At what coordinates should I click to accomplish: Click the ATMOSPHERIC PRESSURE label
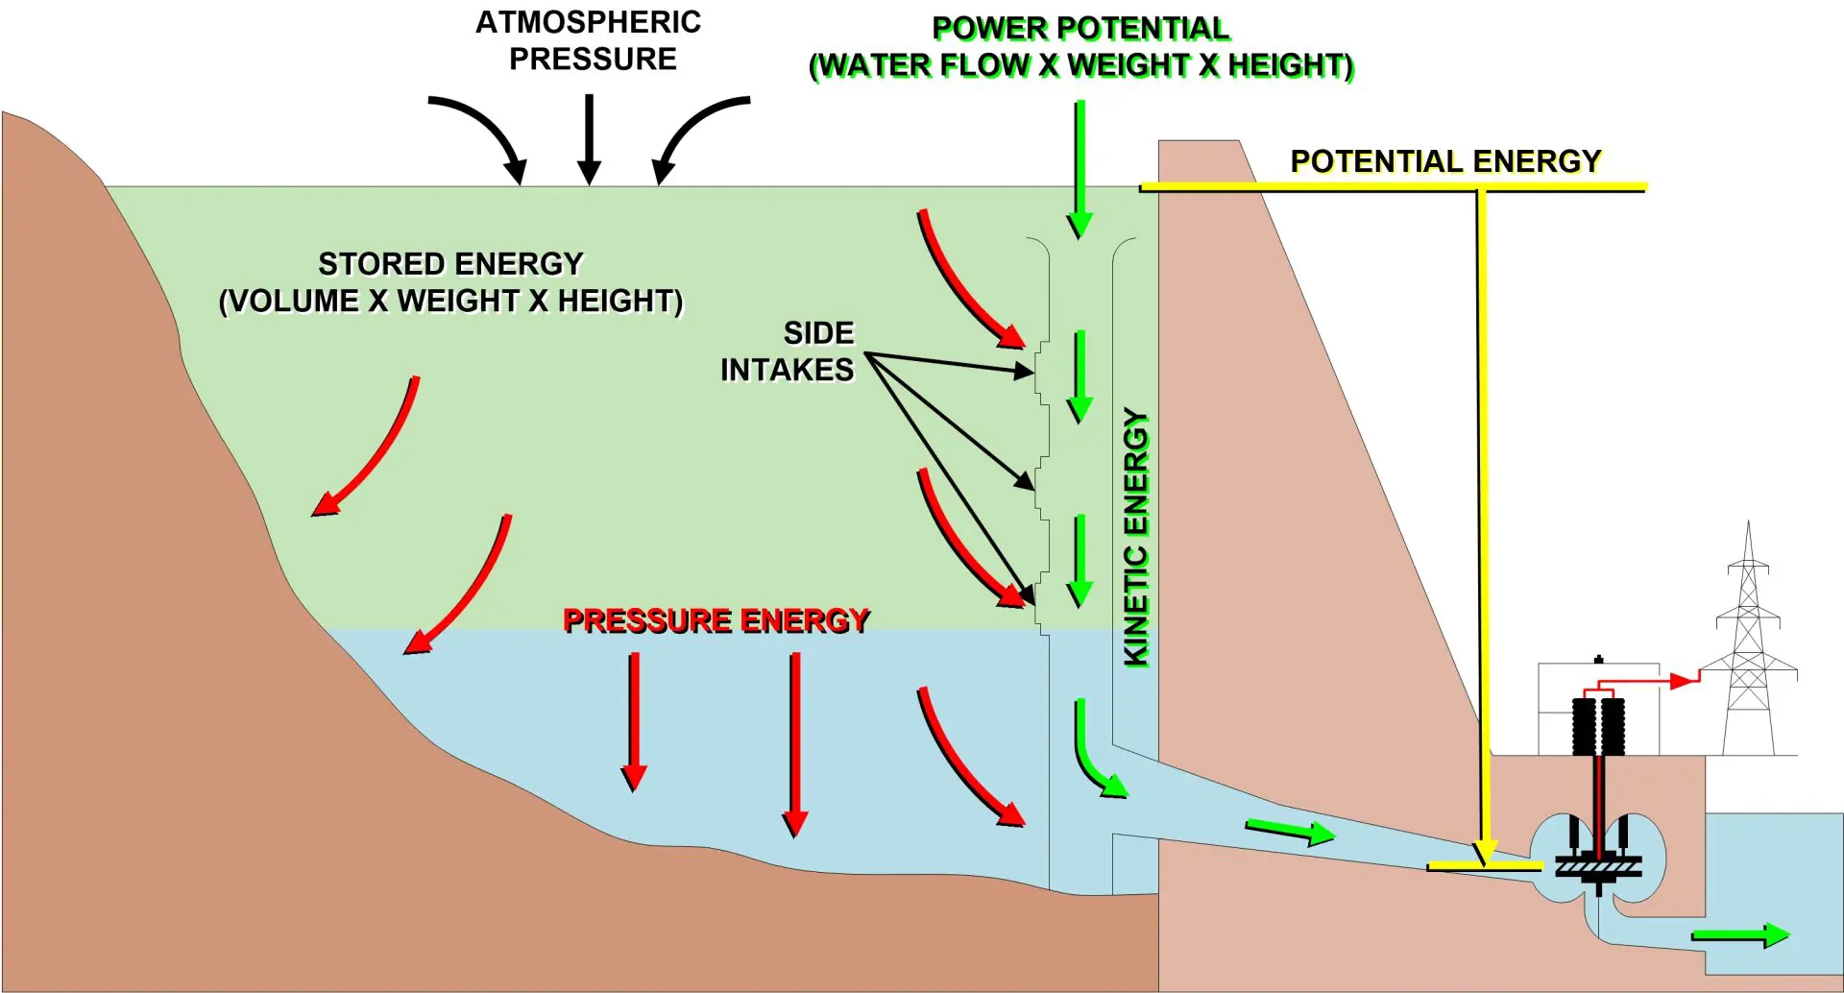coord(589,40)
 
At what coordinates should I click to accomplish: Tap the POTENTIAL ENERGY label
coord(1445,161)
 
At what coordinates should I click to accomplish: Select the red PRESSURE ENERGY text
coord(716,620)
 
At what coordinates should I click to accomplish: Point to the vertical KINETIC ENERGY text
coord(1136,538)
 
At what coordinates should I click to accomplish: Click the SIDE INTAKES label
coord(789,351)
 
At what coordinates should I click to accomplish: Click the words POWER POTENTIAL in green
coord(1080,29)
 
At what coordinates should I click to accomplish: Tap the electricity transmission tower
coord(1748,653)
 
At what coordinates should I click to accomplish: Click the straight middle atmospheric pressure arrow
coord(590,139)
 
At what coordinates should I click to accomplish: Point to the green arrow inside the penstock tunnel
coord(1290,831)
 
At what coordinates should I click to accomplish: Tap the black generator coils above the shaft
coord(1598,726)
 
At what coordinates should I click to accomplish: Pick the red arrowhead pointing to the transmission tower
coord(1683,681)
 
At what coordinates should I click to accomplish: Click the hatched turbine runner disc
coord(1598,867)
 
